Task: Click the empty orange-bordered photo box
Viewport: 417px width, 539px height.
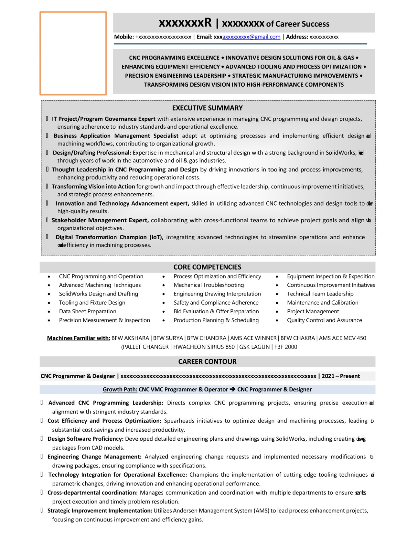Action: pos(73,53)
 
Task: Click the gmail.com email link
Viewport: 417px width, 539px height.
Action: pos(251,37)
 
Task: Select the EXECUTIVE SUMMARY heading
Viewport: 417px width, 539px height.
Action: pos(207,108)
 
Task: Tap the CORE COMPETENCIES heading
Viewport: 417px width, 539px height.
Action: pos(207,267)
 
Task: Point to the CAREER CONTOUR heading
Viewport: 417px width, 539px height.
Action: pos(207,362)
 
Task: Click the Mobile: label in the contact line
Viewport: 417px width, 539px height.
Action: pos(124,37)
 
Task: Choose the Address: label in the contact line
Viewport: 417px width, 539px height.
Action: pos(297,37)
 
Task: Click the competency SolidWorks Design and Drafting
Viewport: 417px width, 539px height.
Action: pos(99,294)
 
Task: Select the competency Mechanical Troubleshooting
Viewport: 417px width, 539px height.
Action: pos(208,285)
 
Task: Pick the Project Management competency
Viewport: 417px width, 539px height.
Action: pos(313,311)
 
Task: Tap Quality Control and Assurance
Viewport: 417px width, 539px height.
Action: pos(324,320)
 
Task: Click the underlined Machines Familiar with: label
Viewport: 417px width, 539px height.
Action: pos(79,338)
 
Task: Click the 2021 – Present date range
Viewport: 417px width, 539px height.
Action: pos(340,376)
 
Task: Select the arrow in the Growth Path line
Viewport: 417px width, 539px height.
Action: pos(232,389)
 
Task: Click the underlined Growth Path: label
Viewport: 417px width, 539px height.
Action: pos(120,389)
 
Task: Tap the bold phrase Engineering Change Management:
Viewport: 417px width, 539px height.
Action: pos(94,457)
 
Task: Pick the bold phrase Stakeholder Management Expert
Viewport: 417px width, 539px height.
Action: pos(100,220)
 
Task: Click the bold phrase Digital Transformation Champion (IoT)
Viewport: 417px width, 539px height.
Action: pos(109,237)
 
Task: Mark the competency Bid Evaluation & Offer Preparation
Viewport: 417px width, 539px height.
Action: pos(216,311)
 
